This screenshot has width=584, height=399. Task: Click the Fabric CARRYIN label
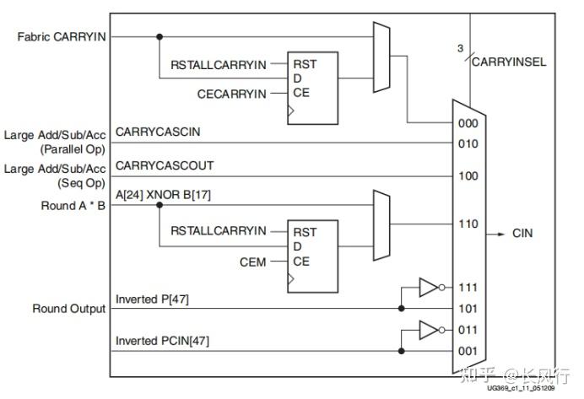[61, 37]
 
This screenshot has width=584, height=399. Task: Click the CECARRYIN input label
[232, 92]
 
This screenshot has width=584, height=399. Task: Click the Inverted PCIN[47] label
[161, 340]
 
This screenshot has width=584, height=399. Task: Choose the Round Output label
[68, 309]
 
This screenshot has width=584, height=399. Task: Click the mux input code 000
[468, 123]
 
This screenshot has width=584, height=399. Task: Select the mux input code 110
[468, 224]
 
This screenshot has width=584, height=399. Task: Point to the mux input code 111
[468, 288]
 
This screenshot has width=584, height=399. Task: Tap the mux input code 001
[468, 351]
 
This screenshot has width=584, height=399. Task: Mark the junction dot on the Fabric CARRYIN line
[159, 36]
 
